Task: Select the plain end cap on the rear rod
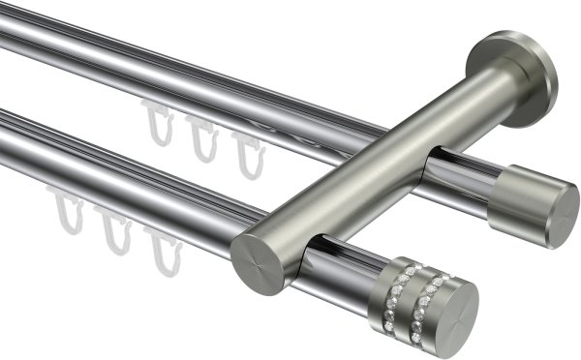click(531, 205)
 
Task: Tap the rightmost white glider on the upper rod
click(248, 155)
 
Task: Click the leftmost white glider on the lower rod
click(68, 215)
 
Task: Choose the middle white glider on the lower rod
click(116, 232)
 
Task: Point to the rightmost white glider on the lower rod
click(165, 250)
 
